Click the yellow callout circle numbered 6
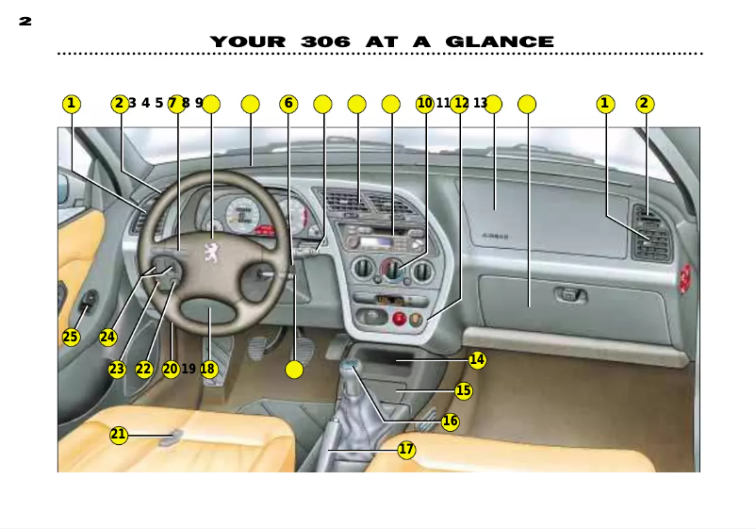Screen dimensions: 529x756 pyautogui.click(x=289, y=104)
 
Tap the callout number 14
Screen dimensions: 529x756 pyautogui.click(x=477, y=359)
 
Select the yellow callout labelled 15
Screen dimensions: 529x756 pyautogui.click(x=463, y=390)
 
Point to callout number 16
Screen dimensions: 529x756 pyautogui.click(x=451, y=422)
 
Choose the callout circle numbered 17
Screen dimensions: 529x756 pyautogui.click(x=406, y=450)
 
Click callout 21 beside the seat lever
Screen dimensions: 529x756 pyautogui.click(x=119, y=435)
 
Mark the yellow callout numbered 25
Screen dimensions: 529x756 pyautogui.click(x=71, y=337)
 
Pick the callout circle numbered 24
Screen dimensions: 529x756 pyautogui.click(x=107, y=337)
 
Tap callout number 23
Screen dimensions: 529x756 pyautogui.click(x=117, y=370)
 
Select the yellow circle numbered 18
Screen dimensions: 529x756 pyautogui.click(x=208, y=370)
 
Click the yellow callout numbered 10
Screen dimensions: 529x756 pyautogui.click(x=424, y=104)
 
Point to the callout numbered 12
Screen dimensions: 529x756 pyautogui.click(x=460, y=104)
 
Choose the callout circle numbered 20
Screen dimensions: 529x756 pyautogui.click(x=171, y=370)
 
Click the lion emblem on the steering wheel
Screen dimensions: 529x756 pyautogui.click(x=214, y=254)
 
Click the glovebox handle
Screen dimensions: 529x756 pyautogui.click(x=568, y=295)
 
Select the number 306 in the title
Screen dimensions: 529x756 pyautogui.click(x=325, y=42)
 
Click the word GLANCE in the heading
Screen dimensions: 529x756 pyautogui.click(x=500, y=42)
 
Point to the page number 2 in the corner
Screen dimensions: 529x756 pyautogui.click(x=25, y=21)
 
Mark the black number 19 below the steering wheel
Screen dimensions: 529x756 pyautogui.click(x=189, y=370)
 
